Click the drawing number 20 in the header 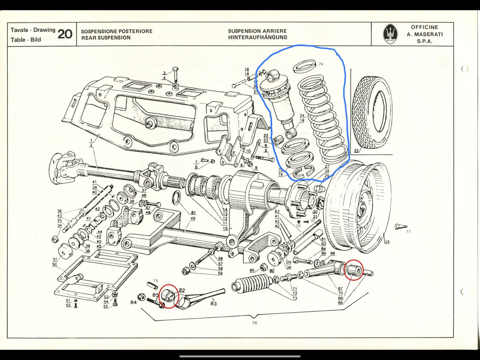65,34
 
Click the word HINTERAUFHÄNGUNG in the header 257,38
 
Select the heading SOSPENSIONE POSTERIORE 117,31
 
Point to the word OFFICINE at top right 424,27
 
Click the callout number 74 321,64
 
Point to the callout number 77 408,232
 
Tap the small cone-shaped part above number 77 400,226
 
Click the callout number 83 213,304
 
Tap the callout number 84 134,302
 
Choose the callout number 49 193,219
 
